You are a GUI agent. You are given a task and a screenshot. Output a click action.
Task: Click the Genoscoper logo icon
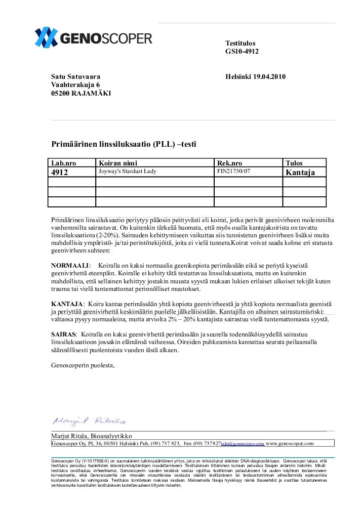tap(46, 37)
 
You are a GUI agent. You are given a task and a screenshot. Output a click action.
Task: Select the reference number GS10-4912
tap(242, 52)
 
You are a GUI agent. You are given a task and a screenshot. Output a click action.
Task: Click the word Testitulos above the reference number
tap(241, 44)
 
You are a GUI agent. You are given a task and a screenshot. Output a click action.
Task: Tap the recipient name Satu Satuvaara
tap(76, 77)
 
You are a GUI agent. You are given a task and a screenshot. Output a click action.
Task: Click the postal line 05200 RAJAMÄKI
tap(81, 93)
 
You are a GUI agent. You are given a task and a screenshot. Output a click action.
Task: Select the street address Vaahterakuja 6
tap(75, 85)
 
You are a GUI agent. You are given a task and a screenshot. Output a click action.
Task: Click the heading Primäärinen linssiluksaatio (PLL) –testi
tap(124, 145)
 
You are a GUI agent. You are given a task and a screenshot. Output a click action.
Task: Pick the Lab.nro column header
tap(64, 163)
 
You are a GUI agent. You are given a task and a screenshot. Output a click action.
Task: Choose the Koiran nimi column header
tap(118, 163)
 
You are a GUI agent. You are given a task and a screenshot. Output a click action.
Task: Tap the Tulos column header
tap(294, 163)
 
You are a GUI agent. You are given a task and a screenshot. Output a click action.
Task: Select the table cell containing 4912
tap(60, 172)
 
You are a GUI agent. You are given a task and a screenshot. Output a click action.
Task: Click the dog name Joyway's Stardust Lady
tap(128, 172)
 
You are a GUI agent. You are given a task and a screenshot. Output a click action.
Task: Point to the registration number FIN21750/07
tap(233, 172)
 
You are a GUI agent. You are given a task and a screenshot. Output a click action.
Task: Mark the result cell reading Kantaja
tap(300, 172)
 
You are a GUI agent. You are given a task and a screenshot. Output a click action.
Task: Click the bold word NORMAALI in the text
tap(70, 266)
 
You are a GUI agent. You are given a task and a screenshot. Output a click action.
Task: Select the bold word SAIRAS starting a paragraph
tap(64, 335)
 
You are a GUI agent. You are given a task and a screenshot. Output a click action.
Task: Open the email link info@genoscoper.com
tap(243, 443)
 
